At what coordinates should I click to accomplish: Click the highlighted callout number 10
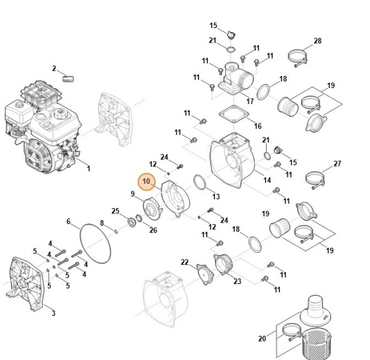coord(146,181)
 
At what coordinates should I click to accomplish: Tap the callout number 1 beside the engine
coord(89,169)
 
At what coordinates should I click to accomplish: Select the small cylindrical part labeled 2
coord(68,79)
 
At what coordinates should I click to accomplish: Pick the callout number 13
coord(216,197)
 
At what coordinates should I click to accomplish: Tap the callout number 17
coord(250,101)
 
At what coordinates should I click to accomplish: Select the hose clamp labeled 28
coord(297,58)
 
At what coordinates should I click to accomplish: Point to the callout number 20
coord(262,338)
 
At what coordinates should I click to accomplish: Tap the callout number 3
coord(54,313)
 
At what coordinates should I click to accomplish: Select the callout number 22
coord(185,262)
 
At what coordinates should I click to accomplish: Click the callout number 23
coord(237,281)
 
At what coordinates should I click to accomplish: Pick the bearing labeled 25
coord(132,222)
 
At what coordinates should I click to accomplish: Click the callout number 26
coord(153,230)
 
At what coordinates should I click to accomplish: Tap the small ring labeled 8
coord(116,231)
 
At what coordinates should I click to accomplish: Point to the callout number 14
coord(267,180)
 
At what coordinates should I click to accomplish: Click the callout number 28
coord(318,41)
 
